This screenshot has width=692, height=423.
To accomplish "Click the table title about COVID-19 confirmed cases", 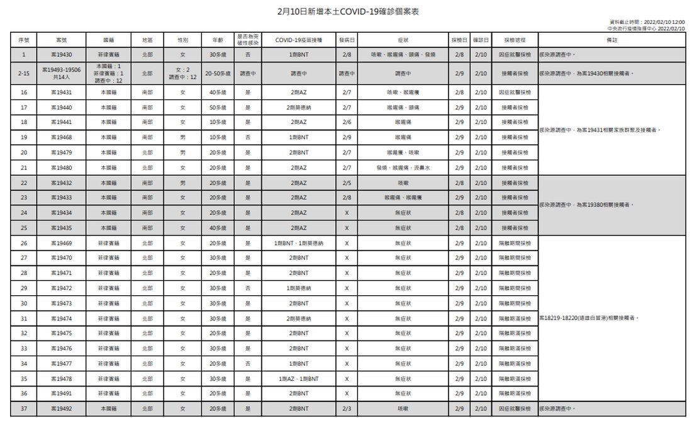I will [x=346, y=12].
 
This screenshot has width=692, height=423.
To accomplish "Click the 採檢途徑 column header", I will [x=515, y=40].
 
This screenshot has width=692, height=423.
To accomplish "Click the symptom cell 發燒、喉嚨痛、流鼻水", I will [x=403, y=167].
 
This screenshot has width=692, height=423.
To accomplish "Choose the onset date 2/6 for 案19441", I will [x=347, y=122].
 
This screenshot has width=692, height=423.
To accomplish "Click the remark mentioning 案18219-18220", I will [x=589, y=319].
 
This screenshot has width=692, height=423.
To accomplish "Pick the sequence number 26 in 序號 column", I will [x=24, y=243].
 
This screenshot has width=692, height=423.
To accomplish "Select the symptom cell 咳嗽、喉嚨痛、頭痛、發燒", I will [x=403, y=55].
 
